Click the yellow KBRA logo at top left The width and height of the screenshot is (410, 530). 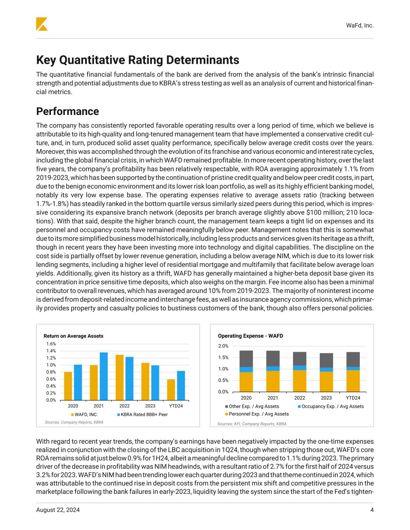tap(42, 24)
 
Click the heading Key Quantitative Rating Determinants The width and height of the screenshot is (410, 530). tap(138, 60)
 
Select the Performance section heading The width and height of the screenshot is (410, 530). tap(67, 111)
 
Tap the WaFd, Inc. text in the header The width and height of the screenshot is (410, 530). tap(359, 25)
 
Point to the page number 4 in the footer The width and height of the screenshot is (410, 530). tap(372, 510)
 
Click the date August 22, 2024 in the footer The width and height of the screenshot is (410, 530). tap(58, 510)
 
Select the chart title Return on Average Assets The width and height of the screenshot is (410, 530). tap(73, 336)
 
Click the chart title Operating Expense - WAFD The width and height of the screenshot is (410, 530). tap(250, 336)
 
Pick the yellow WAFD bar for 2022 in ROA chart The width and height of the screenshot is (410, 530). tap(120, 377)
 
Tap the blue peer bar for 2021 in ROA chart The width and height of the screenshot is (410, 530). tap(104, 376)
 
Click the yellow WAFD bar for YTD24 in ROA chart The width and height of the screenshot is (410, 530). tap(171, 389)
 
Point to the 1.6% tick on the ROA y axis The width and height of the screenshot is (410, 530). tap(51, 344)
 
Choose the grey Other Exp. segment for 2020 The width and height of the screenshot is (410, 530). tap(246, 359)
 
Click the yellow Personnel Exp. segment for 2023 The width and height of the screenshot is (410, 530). tap(326, 382)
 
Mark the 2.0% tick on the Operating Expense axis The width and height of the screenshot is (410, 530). tap(223, 346)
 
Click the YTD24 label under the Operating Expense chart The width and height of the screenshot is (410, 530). tap(353, 398)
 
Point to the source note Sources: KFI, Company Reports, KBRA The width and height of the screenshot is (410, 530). tap(252, 424)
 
